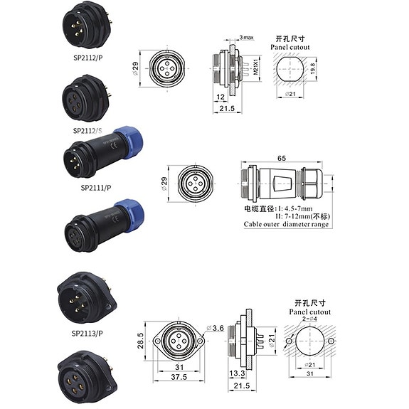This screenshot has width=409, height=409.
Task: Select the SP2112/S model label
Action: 89,130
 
